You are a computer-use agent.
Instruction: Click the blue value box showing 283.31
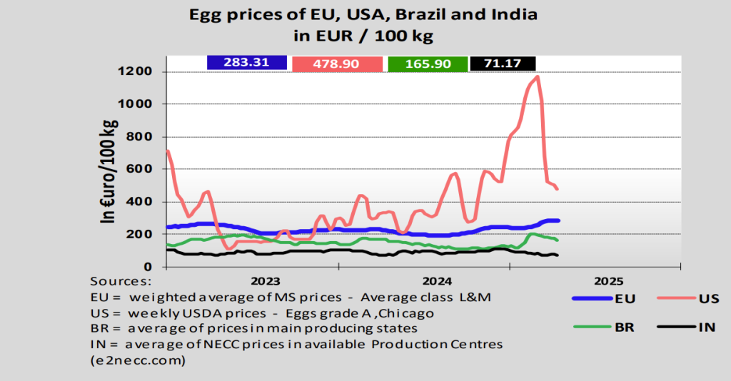[x=246, y=63]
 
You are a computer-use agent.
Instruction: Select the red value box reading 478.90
[x=337, y=64]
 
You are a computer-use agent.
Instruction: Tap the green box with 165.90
[x=428, y=64]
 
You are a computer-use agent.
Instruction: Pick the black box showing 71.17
[x=503, y=64]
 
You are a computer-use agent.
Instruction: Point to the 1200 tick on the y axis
[x=135, y=72]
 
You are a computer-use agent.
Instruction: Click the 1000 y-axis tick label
[x=135, y=104]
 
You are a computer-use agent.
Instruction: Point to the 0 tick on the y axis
[x=148, y=267]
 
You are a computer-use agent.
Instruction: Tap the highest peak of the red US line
[x=537, y=76]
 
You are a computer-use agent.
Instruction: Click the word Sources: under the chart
[x=120, y=281]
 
